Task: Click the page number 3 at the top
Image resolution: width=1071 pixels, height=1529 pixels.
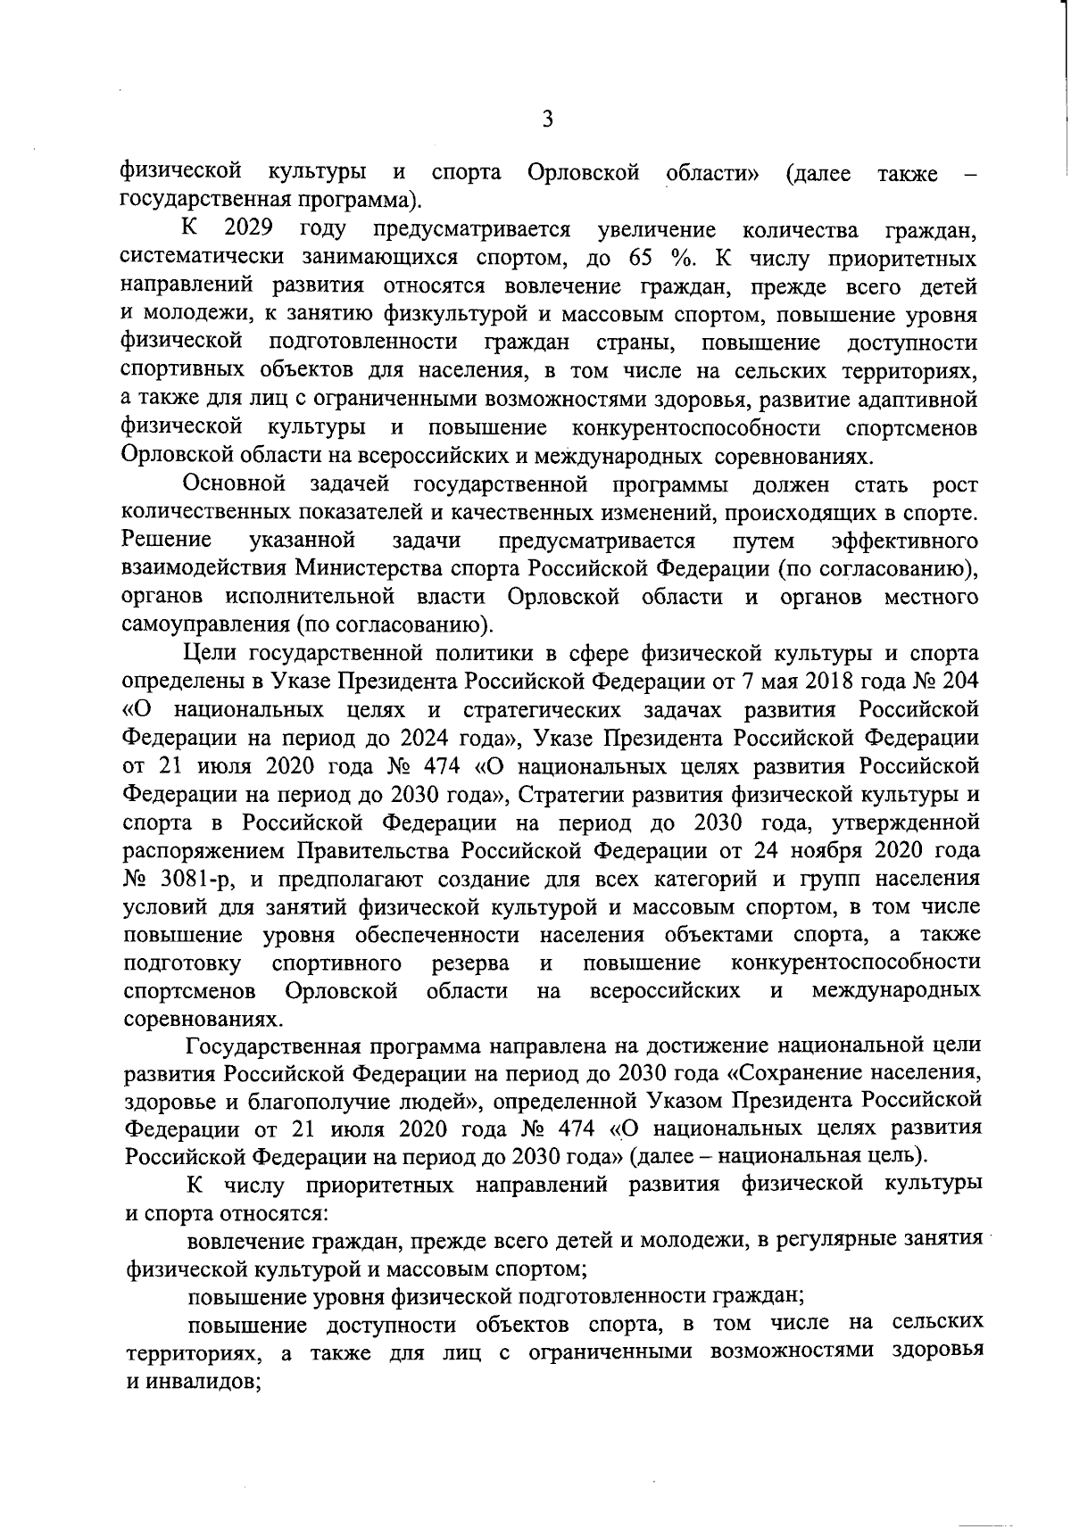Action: [x=548, y=119]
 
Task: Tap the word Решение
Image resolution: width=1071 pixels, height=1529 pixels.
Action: [x=167, y=541]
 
